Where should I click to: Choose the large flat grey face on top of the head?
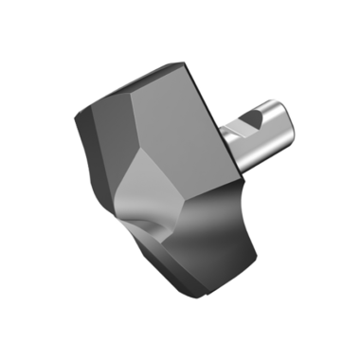click(x=180, y=114)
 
